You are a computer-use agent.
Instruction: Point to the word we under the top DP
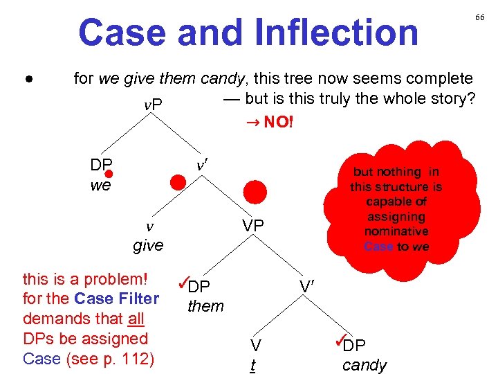(x=100, y=186)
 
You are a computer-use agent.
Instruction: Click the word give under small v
(x=148, y=244)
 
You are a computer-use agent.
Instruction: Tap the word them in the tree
(x=205, y=305)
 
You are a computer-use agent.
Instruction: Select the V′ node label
(x=308, y=285)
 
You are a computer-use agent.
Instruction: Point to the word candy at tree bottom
(x=365, y=365)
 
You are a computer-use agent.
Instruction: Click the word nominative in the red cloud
(x=396, y=231)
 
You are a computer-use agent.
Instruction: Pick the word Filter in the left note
(x=138, y=299)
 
